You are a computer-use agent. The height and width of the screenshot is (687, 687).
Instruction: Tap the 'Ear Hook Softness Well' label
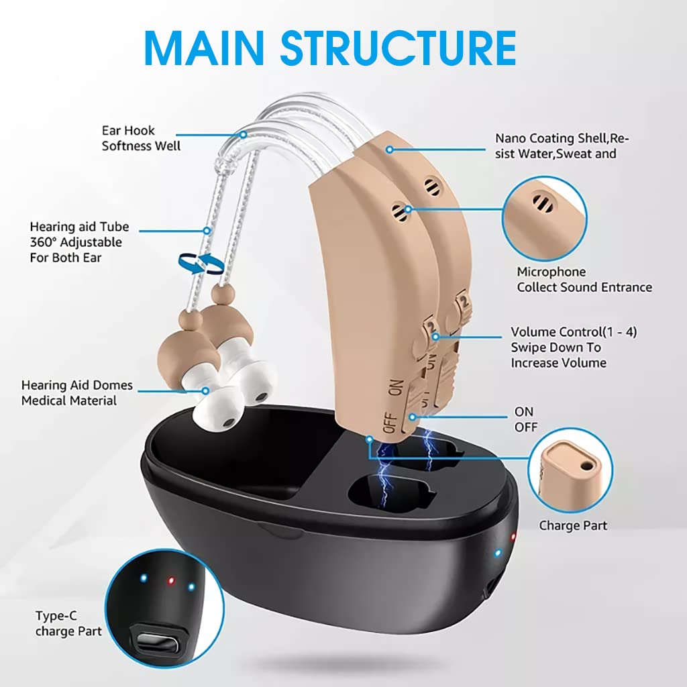(141, 138)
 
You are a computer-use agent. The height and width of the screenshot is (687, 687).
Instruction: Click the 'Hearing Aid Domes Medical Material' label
(77, 393)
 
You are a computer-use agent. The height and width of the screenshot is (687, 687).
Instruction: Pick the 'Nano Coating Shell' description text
(562, 146)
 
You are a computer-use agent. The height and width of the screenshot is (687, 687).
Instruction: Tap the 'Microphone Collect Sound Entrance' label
(584, 280)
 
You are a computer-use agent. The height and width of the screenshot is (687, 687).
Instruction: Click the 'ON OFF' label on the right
(524, 419)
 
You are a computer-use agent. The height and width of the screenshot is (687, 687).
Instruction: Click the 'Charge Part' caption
(573, 525)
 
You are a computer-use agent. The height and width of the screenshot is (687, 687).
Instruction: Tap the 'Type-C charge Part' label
(68, 623)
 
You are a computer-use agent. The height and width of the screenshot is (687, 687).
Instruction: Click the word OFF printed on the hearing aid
(390, 423)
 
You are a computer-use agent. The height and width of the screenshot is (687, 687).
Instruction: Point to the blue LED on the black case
(497, 553)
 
